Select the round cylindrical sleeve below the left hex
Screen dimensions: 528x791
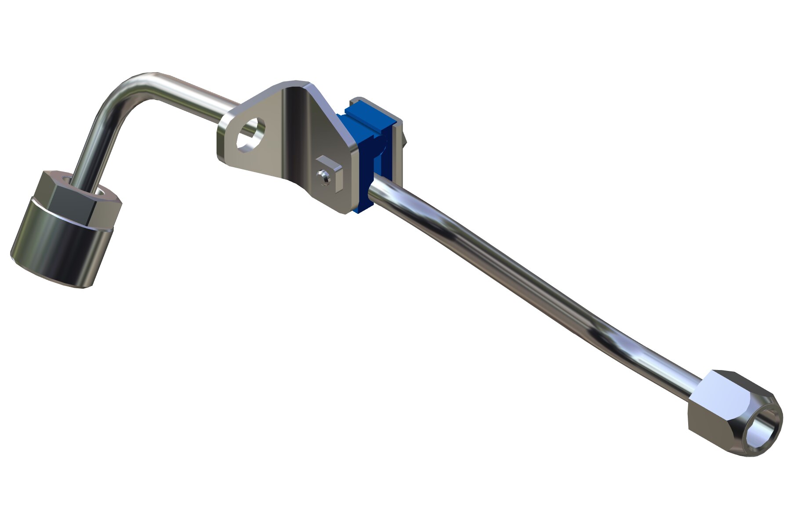point(59,246)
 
